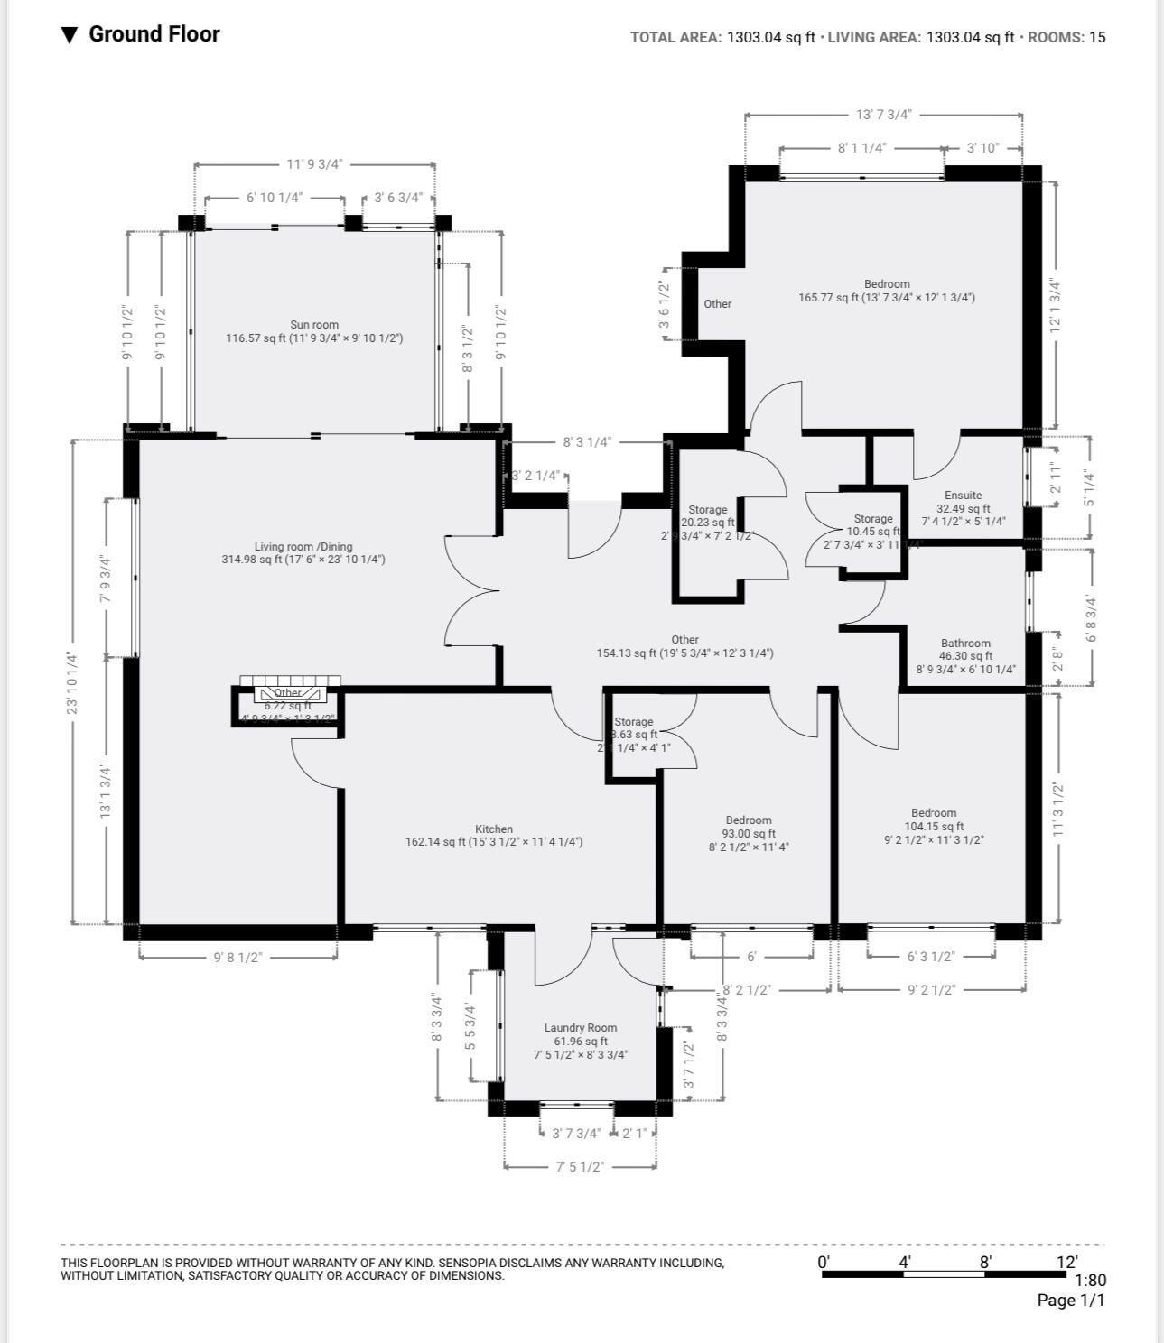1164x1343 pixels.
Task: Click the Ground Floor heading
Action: point(154,34)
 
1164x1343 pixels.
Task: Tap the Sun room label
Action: point(314,325)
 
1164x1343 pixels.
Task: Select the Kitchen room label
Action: point(494,829)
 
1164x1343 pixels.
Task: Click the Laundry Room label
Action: point(581,1027)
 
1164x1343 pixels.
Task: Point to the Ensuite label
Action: point(963,495)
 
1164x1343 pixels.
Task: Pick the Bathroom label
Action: point(965,644)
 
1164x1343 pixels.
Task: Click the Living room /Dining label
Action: point(303,546)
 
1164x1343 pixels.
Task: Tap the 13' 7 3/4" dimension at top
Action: point(883,115)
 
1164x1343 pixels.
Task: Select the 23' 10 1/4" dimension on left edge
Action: point(72,682)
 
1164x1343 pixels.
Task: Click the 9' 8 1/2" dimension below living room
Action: point(237,957)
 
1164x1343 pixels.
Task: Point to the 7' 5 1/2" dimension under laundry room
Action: point(580,1166)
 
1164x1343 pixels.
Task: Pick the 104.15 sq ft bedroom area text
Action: point(934,826)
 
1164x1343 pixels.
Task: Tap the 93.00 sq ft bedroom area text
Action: point(749,834)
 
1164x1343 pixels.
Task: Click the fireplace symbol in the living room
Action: point(289,693)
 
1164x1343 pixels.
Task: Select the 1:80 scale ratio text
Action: point(1090,1280)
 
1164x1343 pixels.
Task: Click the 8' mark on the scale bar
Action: point(985,1262)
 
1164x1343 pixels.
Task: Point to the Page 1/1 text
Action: point(1070,1301)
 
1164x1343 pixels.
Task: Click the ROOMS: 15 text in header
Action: point(1066,37)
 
